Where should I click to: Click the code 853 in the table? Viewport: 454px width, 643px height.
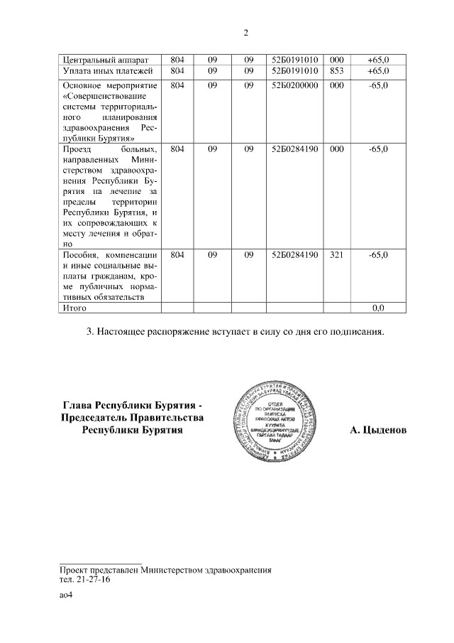337,71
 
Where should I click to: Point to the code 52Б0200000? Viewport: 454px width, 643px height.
294,85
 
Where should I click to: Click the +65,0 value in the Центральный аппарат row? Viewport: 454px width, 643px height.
377,60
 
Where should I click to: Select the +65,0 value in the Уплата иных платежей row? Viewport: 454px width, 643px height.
377,71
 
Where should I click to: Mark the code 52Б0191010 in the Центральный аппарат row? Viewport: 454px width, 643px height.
294,60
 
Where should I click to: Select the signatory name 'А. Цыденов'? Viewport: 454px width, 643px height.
378,431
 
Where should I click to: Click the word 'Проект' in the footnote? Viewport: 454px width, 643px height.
74,570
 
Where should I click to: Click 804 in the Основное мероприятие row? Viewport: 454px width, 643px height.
177,85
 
